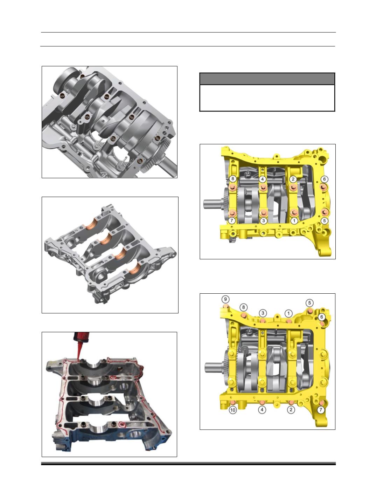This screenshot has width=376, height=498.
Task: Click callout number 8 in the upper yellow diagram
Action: [x=232, y=179]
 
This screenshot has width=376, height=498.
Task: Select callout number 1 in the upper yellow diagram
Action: [x=294, y=220]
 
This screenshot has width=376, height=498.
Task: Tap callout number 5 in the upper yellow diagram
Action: [x=324, y=220]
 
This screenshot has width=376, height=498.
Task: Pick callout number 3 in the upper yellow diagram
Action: [x=263, y=220]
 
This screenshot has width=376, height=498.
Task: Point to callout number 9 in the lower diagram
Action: [x=225, y=299]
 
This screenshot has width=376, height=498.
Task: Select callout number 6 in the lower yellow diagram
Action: [x=322, y=317]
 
